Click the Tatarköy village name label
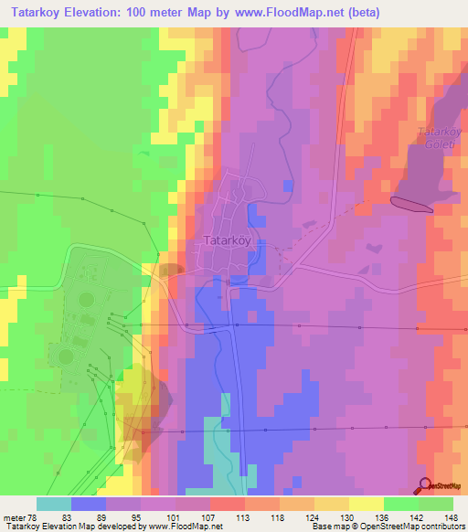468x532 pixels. tap(224, 242)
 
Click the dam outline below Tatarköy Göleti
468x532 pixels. tap(411, 204)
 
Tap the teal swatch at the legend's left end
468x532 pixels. tap(53, 504)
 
